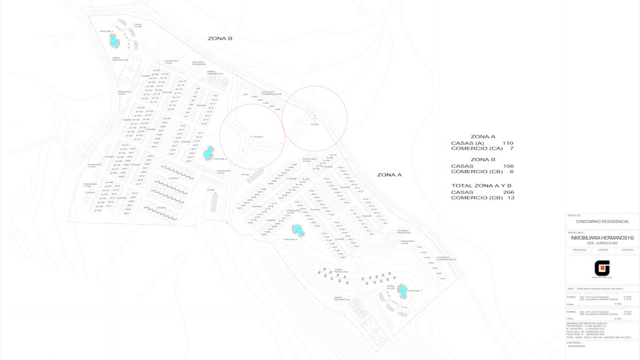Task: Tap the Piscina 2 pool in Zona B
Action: coord(208,153)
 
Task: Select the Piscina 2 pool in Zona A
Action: coord(298,229)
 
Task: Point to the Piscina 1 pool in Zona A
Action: coord(404,290)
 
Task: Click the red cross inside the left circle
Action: coord(251,137)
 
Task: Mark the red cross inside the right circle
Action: coord(314,117)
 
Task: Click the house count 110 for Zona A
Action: coord(507,143)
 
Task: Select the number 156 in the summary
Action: coord(507,166)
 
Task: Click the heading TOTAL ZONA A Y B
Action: coord(483,186)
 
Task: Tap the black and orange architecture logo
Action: coord(601,269)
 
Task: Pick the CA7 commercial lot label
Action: coord(442,279)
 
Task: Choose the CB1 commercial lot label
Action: coord(246,95)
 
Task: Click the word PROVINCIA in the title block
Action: coord(579,250)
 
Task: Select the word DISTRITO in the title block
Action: coord(626,250)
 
